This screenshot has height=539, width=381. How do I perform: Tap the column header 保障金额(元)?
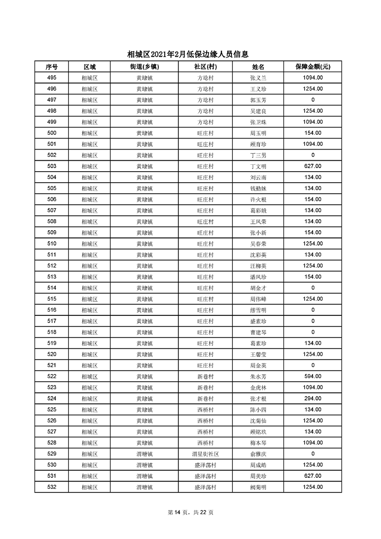[x=312, y=67]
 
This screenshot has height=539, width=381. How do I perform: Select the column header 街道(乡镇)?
[x=144, y=67]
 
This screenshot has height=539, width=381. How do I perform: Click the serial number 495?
[x=52, y=78]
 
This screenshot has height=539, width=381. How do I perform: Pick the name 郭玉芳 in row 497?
[x=258, y=100]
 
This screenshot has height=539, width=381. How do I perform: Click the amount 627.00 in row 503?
[x=312, y=166]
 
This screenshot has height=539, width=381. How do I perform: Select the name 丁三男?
[x=258, y=155]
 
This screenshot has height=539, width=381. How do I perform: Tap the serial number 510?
[x=52, y=243]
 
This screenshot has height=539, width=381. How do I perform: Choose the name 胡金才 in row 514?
[x=258, y=288]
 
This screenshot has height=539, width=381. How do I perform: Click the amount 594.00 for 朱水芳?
[x=312, y=376]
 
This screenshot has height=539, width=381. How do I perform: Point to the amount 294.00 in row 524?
[x=312, y=398]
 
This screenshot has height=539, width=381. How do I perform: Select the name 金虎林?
[x=258, y=387]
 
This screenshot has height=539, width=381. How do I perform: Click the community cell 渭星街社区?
[x=205, y=453]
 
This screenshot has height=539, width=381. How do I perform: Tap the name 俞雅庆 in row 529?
[x=258, y=453]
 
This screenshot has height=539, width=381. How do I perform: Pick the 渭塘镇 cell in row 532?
[x=144, y=487]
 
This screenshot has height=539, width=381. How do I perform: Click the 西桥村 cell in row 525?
[x=205, y=409]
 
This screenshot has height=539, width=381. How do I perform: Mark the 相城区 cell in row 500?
[x=89, y=133]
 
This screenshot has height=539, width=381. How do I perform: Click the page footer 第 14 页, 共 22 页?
[x=190, y=512]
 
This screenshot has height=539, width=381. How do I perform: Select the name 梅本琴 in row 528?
[x=258, y=442]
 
